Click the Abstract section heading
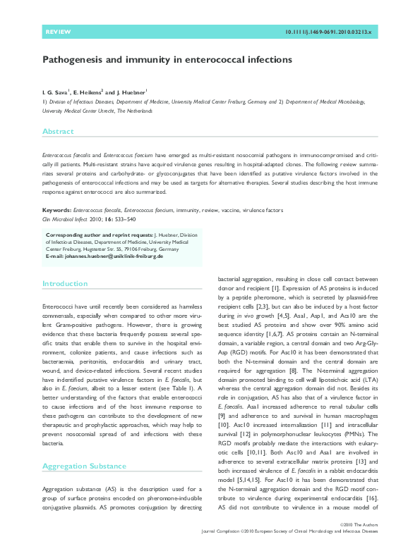(x=58, y=132)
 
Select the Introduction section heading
(x=64, y=283)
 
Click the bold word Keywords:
(x=56, y=210)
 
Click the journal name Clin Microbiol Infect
(x=66, y=219)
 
